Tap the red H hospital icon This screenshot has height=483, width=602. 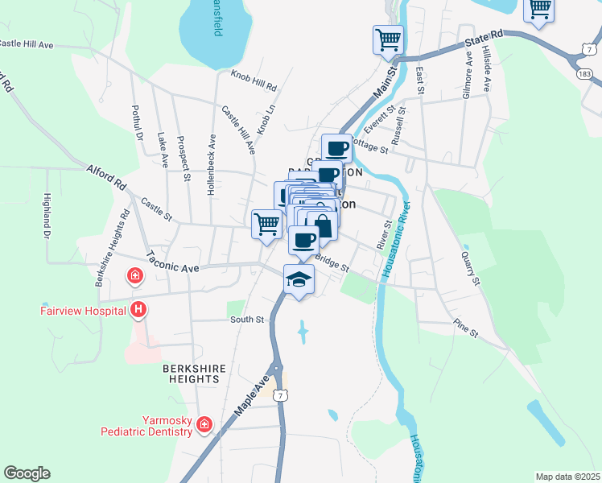point(138,309)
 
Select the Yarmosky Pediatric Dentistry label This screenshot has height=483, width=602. point(146,426)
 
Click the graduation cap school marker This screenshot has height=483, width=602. point(299,280)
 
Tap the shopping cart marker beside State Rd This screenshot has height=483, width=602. point(388,39)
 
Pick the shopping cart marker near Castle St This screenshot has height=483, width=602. point(266,224)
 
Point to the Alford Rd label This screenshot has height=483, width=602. point(107,177)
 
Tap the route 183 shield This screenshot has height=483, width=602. point(584,74)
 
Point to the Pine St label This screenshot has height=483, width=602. point(464,329)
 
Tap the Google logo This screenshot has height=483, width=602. point(27,473)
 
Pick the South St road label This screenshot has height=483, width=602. point(247,320)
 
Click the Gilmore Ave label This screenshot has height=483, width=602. point(467,76)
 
